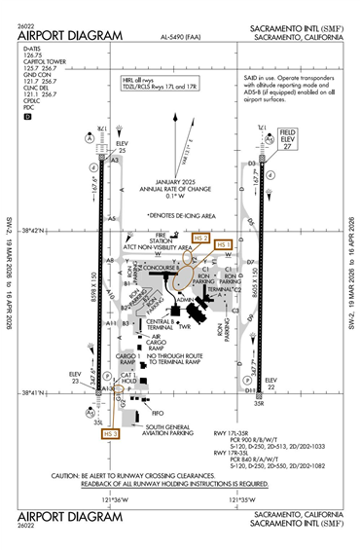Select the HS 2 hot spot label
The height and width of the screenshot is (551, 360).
pos(201,238)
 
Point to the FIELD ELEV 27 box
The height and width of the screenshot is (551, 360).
pos(287,135)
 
